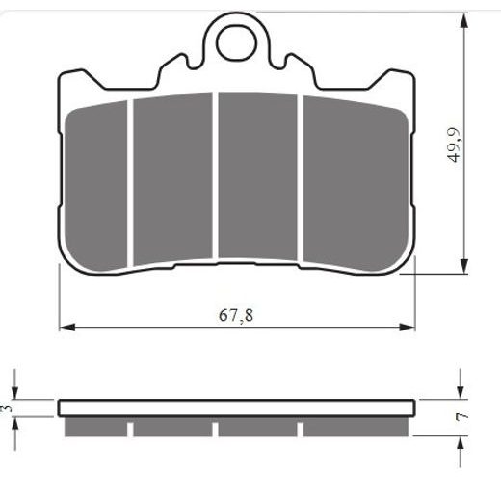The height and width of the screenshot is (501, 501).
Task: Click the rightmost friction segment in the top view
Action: pyautogui.click(x=353, y=177)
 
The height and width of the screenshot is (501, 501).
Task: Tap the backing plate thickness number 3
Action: pyautogui.click(x=8, y=409)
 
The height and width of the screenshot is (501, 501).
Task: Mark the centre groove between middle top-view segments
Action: pyautogui.click(x=216, y=177)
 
